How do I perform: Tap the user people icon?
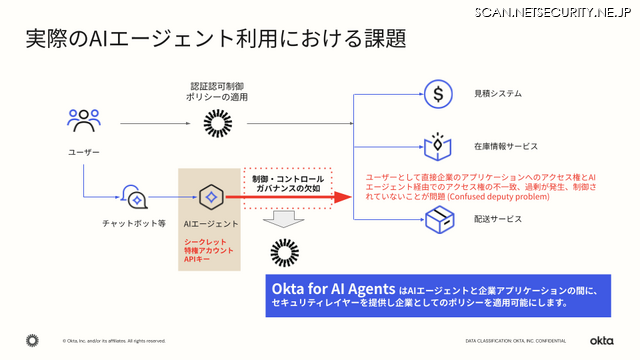point(83,120)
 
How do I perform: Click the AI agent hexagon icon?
point(209,196)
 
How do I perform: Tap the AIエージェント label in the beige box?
point(209,223)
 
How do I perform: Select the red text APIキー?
point(196,259)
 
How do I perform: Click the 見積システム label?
point(498,94)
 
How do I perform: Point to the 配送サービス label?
point(498,218)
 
